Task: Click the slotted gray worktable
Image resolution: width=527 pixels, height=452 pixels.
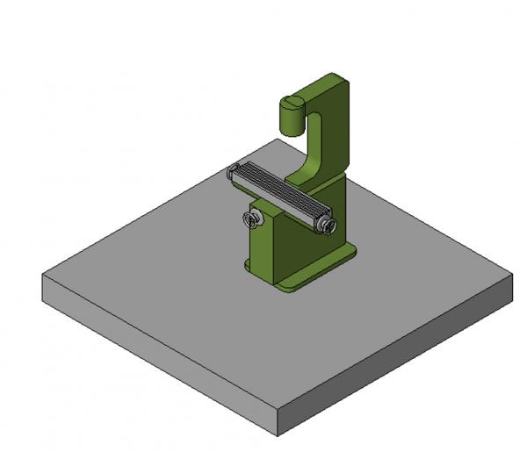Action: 279,197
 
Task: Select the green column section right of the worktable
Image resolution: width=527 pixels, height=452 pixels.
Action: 339,202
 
